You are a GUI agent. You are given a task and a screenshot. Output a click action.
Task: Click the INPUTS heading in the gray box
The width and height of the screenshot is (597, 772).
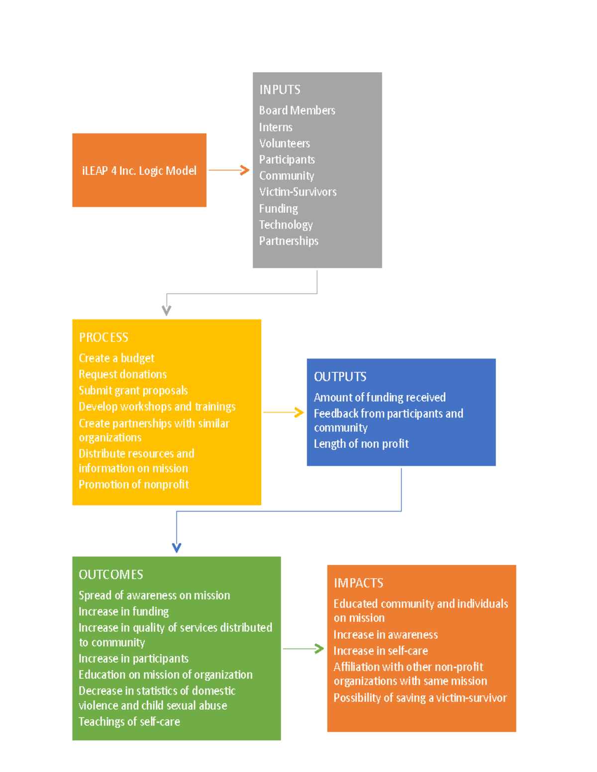point(280,90)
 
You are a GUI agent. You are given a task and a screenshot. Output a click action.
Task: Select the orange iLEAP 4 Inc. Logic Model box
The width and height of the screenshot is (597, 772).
point(139,170)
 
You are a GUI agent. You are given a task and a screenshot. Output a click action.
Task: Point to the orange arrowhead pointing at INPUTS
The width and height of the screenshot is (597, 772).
point(245,170)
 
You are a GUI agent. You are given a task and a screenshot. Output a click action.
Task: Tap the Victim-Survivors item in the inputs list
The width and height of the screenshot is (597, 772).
point(298,192)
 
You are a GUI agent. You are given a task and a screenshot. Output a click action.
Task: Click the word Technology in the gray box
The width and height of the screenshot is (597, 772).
point(286,225)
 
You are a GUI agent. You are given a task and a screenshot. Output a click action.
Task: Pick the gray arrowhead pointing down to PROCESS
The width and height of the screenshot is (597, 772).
point(167,311)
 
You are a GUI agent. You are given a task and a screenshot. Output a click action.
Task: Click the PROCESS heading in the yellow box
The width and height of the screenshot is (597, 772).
point(103,338)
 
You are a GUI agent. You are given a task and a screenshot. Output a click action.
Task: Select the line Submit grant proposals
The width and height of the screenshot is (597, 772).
point(133,391)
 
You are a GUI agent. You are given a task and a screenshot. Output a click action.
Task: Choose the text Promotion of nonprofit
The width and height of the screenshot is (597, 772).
point(134,485)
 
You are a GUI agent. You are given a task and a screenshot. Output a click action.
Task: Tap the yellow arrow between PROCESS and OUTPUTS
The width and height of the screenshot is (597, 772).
point(284,413)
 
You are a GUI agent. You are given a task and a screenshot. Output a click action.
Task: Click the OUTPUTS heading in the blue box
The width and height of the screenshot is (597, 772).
point(340,377)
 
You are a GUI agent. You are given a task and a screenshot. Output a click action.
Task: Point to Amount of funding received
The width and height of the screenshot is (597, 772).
point(380,398)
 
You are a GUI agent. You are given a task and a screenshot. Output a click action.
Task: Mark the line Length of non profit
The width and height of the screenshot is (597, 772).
point(361,444)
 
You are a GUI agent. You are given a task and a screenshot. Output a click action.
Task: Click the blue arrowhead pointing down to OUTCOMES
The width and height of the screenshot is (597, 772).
point(177,548)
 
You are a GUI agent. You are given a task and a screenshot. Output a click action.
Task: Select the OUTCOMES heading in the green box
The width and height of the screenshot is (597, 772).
point(111,575)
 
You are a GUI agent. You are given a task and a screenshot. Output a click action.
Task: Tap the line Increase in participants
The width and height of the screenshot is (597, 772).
point(133,659)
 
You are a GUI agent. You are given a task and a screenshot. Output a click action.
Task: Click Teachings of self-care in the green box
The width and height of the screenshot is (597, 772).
point(129,722)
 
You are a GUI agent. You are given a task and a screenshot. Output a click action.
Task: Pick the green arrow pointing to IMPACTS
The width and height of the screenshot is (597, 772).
point(303,649)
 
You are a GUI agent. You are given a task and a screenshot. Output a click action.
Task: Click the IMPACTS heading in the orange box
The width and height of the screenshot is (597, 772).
point(358,583)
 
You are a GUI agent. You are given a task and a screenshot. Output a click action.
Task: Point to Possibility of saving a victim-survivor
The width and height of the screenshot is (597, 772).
point(420,698)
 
